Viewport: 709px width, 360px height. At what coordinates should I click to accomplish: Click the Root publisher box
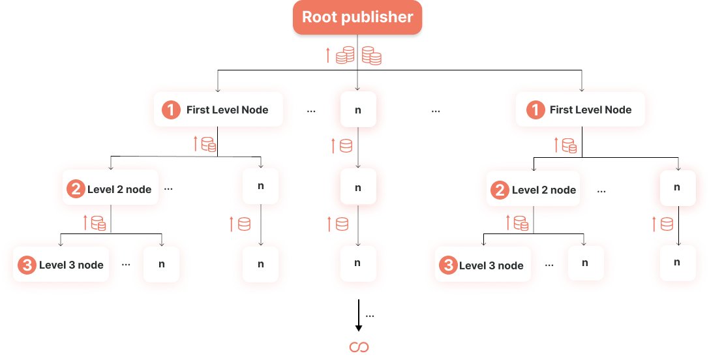357,18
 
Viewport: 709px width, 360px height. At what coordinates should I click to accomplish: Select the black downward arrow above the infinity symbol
358,316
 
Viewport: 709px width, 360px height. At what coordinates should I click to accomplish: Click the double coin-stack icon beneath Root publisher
358,55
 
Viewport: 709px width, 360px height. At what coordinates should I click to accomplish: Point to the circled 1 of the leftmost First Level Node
171,110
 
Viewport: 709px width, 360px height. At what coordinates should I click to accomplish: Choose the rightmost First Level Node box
581,110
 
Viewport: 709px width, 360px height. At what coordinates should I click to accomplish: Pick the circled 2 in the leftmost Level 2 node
76,190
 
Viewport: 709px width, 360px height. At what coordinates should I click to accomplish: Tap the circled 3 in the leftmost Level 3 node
26,265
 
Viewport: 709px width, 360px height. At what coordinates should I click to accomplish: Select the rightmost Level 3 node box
482,265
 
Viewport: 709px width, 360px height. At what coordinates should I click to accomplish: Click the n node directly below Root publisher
357,110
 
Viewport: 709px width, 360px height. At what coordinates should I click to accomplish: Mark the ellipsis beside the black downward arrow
370,316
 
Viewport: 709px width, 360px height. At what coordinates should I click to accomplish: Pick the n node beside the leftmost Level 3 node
161,264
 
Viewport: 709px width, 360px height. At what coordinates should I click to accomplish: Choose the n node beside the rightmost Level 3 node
585,263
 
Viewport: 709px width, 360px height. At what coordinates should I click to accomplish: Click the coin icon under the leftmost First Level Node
208,144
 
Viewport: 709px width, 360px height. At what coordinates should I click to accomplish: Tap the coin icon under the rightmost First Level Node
569,145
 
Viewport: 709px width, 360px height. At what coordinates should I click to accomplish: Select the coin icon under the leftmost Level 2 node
98,223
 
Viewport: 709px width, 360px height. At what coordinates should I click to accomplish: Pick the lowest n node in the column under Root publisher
357,263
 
